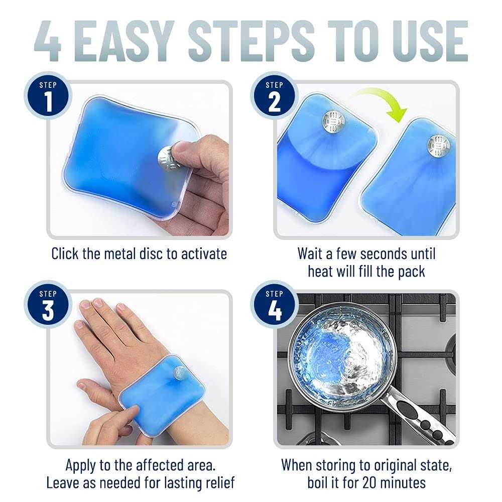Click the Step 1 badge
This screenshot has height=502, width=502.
pos(48,97)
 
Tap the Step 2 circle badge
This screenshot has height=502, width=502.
pos(275,97)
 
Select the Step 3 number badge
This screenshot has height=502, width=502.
pos(48,306)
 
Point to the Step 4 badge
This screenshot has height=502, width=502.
pos(275,306)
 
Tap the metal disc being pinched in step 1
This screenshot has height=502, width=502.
pos(168,157)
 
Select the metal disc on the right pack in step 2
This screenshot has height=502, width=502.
pos(438,145)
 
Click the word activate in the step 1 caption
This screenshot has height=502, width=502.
pos(199,254)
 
